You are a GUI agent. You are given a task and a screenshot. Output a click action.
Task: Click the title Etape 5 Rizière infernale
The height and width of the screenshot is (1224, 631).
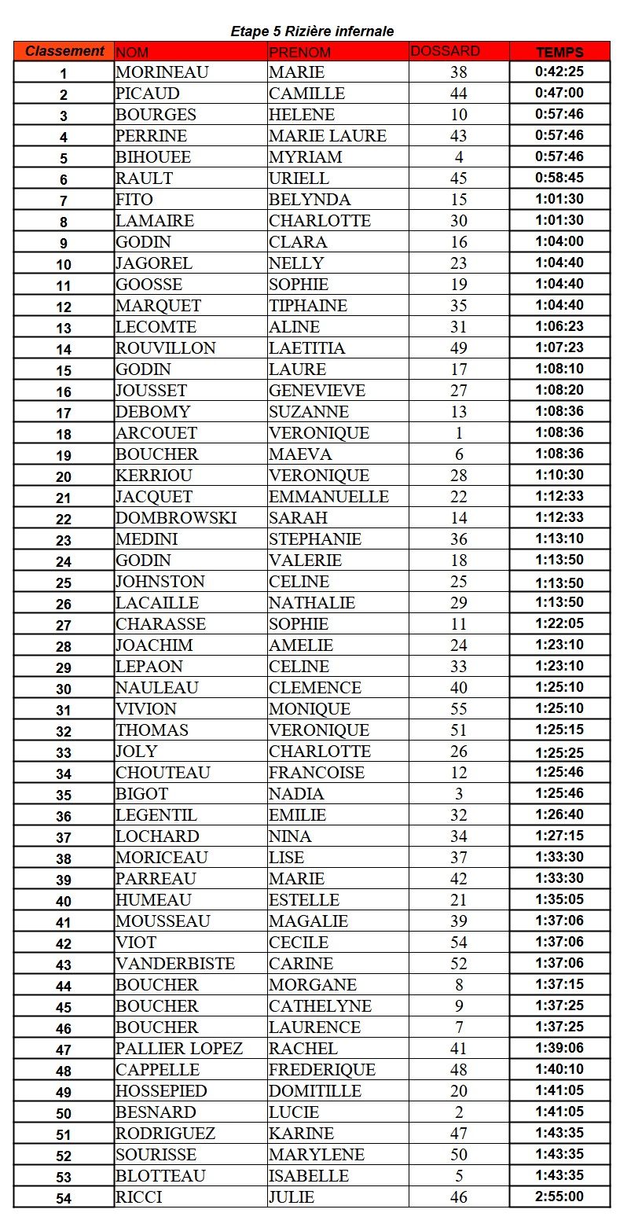(x=312, y=31)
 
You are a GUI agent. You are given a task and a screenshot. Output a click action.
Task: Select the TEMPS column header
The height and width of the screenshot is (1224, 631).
(x=559, y=53)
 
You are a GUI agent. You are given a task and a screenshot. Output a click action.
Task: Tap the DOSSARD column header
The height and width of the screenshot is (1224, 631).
(x=445, y=51)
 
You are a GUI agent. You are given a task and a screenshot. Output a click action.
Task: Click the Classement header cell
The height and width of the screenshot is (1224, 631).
(x=64, y=51)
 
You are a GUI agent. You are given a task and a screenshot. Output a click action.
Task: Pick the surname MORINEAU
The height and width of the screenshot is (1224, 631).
(x=162, y=72)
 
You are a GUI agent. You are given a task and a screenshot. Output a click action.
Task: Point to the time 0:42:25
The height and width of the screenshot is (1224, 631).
(x=559, y=72)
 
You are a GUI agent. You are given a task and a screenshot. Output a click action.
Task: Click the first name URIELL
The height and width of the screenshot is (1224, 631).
(x=299, y=178)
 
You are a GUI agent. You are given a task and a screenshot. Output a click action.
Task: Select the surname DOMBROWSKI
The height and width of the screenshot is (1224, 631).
(x=176, y=518)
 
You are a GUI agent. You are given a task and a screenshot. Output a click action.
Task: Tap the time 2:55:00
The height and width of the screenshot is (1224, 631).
(x=559, y=1196)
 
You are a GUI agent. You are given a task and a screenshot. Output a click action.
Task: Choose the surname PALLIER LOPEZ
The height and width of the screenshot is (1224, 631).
(x=179, y=1049)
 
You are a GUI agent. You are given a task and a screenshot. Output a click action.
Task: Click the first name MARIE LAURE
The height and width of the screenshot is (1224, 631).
(x=328, y=136)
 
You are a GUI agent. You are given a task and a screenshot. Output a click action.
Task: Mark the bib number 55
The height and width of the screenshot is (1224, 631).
(x=459, y=709)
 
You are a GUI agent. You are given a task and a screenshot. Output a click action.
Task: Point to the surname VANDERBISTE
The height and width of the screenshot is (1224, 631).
(x=175, y=964)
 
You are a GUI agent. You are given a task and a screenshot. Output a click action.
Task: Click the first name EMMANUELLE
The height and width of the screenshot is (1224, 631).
(x=328, y=497)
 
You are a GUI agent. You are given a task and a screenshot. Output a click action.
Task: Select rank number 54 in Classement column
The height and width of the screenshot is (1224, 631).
(x=64, y=1198)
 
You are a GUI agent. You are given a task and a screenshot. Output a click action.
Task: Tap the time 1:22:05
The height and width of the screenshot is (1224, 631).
(x=559, y=623)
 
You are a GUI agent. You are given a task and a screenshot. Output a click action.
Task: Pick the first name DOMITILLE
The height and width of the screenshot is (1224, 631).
(x=315, y=1091)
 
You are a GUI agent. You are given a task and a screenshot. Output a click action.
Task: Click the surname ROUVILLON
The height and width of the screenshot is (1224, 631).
(x=165, y=348)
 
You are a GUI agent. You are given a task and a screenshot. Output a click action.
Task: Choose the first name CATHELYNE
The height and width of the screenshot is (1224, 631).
(x=320, y=1006)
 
